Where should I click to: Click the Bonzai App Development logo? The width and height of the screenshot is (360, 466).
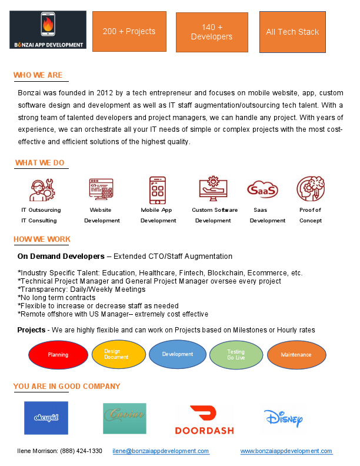tap(48, 29)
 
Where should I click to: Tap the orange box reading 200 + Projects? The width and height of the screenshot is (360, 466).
tap(129, 31)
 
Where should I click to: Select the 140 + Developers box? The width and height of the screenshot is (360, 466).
tap(212, 32)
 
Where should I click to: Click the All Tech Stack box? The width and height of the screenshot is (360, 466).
tap(292, 32)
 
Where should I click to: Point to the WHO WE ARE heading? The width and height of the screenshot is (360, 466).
tap(38, 75)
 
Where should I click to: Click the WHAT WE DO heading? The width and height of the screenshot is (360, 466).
tap(40, 163)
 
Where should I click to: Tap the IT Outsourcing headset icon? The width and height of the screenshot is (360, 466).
tap(41, 189)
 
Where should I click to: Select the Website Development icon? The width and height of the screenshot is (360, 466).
tap(101, 189)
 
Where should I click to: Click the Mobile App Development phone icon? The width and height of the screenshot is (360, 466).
tap(157, 189)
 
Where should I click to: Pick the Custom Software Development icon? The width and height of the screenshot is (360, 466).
tap(213, 189)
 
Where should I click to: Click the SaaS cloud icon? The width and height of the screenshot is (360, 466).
tap(262, 189)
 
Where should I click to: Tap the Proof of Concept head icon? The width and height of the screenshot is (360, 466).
tap(311, 189)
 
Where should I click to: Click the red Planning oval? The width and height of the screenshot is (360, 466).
tap(58, 355)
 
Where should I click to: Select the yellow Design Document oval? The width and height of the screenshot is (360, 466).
tap(118, 354)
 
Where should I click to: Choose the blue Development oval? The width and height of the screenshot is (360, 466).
tap(178, 354)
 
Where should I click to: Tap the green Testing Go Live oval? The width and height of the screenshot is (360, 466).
tap(236, 355)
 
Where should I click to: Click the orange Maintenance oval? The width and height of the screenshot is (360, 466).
tap(296, 355)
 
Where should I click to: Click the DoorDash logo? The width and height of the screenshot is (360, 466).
tap(204, 419)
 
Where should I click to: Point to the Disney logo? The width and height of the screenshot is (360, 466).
tap(284, 418)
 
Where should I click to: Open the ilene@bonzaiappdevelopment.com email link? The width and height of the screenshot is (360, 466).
tap(161, 451)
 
